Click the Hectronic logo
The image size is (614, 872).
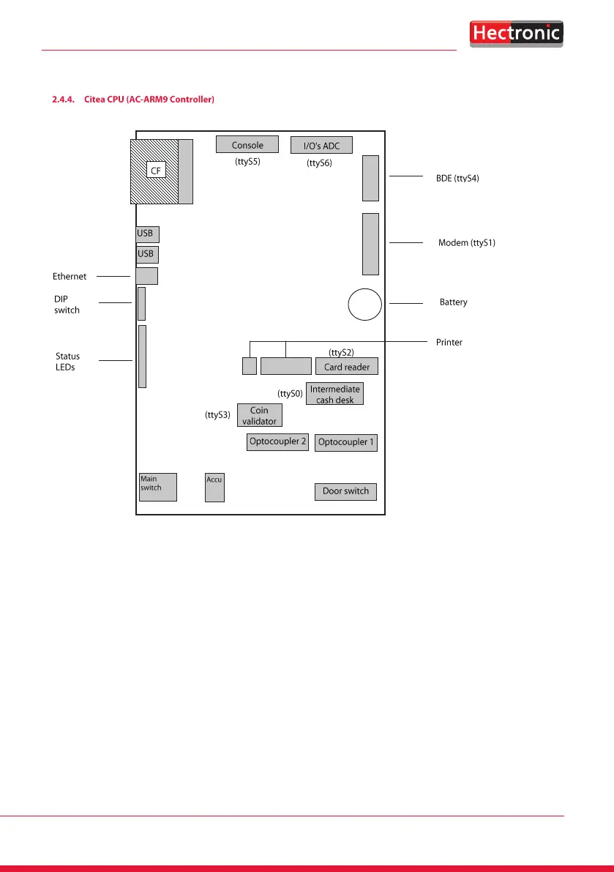[x=515, y=33]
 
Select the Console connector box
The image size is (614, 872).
[x=247, y=145]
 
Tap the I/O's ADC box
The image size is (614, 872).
[x=321, y=146]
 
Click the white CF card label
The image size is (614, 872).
[x=154, y=170]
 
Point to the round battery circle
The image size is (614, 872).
[x=364, y=304]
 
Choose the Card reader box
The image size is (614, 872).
[x=346, y=367]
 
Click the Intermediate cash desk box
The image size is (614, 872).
[x=334, y=395]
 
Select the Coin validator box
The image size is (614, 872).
[x=259, y=416]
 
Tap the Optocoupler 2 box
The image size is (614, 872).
[x=277, y=442]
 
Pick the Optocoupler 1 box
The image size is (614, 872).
[x=345, y=442]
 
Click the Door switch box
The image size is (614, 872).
[x=345, y=491]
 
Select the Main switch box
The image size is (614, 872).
[x=158, y=487]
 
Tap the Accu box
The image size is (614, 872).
[x=214, y=488]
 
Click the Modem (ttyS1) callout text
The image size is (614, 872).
[x=467, y=242]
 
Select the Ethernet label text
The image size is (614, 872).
[x=70, y=277]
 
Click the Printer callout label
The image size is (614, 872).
[x=449, y=342]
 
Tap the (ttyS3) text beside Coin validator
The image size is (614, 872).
[x=218, y=415]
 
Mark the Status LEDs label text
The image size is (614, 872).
[x=67, y=362]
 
